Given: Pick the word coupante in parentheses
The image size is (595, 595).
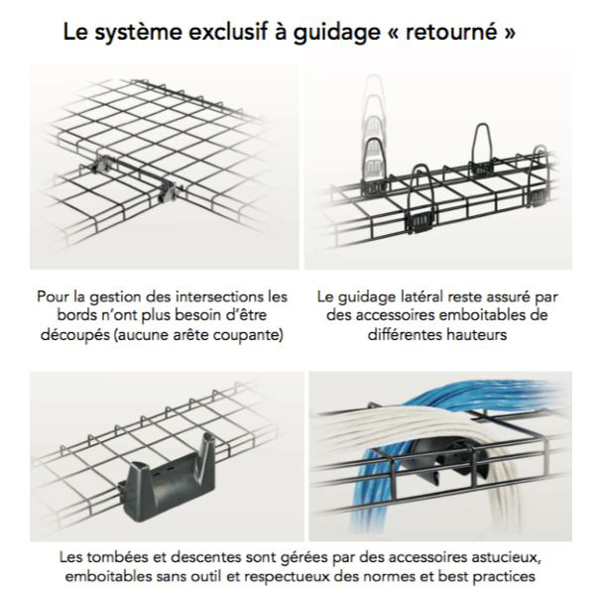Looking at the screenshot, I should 250,336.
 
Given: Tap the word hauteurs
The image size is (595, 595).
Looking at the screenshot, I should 484,336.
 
